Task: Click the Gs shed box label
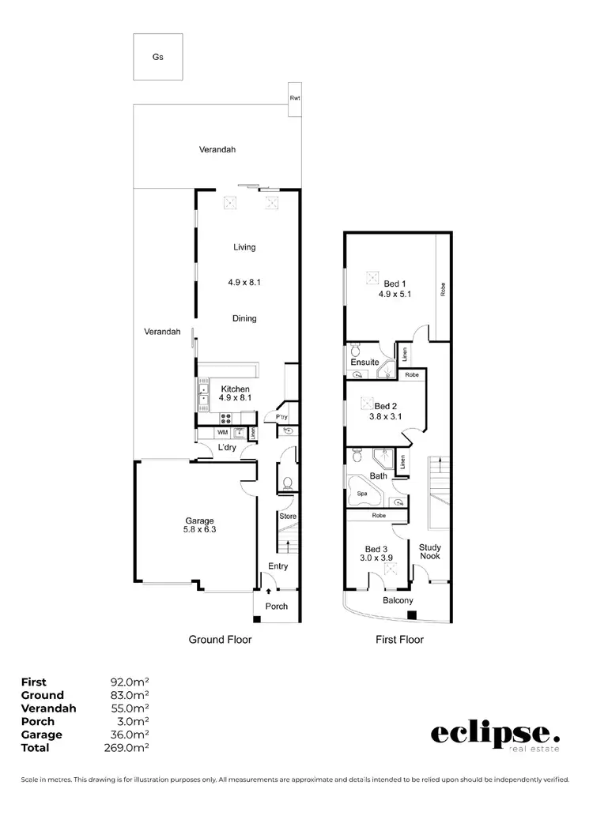point(158,58)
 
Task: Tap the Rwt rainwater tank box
point(295,99)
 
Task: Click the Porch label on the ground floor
point(277,607)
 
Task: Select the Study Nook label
point(430,551)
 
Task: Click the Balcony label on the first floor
point(398,600)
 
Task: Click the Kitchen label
point(235,389)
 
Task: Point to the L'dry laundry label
point(227,448)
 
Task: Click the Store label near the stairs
point(287,517)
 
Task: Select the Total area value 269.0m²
point(130,747)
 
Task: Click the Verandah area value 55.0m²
point(130,708)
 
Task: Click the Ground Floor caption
point(219,639)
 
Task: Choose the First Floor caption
point(399,639)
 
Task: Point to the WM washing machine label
point(222,432)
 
